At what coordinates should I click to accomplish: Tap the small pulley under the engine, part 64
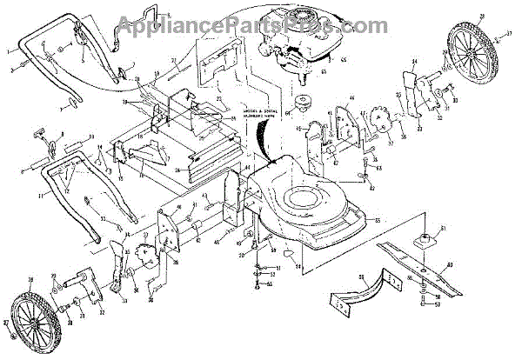pyautogui.click(x=302, y=102)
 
